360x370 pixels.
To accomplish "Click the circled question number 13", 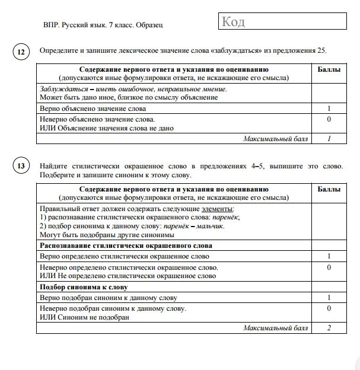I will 21,165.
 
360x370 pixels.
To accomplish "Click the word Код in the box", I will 233,23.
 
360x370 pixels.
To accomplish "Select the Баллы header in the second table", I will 329,190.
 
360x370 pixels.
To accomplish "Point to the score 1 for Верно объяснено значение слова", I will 329,109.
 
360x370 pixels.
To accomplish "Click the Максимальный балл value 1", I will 329,139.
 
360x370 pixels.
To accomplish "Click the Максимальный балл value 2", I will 329,327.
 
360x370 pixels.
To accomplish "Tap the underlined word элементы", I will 218,209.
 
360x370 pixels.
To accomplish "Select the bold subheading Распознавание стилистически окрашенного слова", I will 126,245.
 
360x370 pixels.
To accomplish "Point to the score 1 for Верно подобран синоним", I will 329,298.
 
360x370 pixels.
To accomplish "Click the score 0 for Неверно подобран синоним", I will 329,308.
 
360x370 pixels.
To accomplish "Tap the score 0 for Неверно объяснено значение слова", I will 329,119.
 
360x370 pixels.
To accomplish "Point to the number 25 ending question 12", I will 320,50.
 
